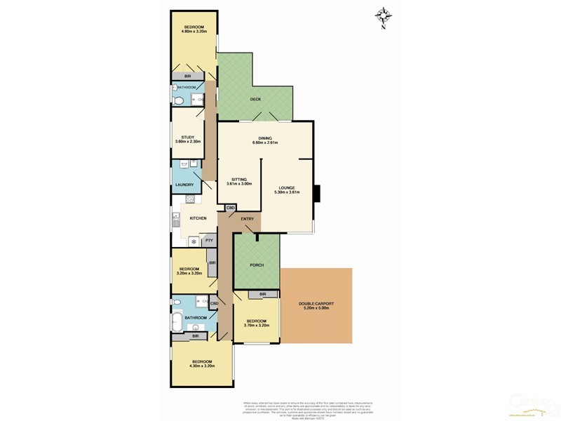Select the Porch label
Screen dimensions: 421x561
[x=256, y=265]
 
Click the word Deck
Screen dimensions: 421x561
[x=255, y=99]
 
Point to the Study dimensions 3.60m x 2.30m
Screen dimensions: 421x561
[x=188, y=142]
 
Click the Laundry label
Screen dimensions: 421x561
[x=184, y=185]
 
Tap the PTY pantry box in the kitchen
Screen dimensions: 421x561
[x=209, y=241]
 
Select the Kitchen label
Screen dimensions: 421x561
[x=198, y=219]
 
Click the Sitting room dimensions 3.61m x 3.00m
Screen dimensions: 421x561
[x=238, y=184]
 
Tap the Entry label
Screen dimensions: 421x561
[x=247, y=220]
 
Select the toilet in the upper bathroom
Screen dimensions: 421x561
[x=178, y=101]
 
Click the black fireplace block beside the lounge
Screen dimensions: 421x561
[x=316, y=192]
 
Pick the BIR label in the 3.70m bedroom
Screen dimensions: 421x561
[x=262, y=294]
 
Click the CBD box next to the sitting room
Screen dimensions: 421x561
[x=230, y=208]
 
